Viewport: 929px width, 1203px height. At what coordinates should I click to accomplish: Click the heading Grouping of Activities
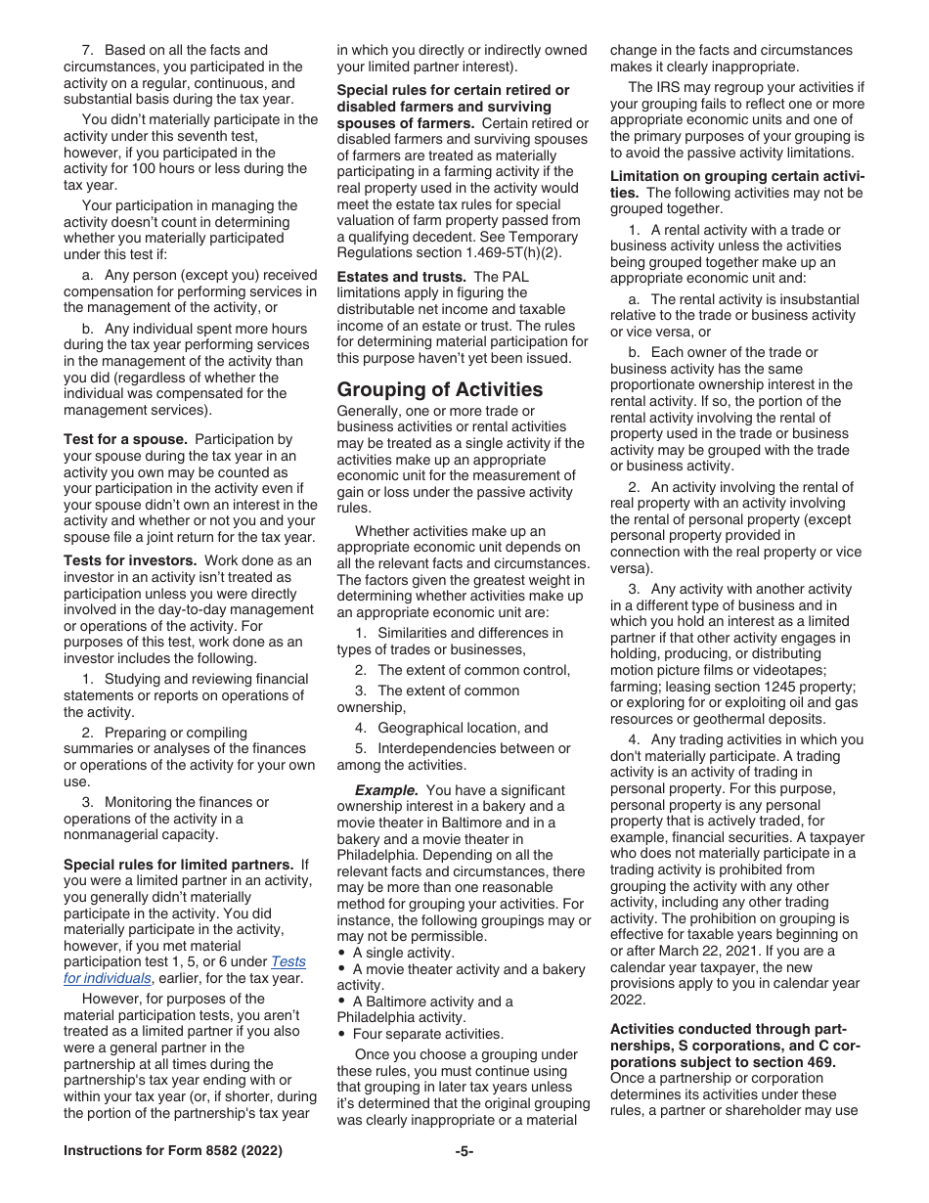click(x=439, y=389)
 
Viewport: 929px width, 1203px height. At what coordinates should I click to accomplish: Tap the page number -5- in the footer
click(x=464, y=1151)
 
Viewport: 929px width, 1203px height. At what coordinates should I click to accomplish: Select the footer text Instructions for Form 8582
click(x=173, y=1151)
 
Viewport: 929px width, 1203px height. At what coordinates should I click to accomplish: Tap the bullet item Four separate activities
click(x=428, y=1034)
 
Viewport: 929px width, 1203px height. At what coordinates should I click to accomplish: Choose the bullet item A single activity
click(x=403, y=953)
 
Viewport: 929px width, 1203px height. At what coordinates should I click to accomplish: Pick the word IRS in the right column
click(x=672, y=88)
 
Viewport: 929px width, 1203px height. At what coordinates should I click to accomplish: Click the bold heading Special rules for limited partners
click(x=179, y=865)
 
